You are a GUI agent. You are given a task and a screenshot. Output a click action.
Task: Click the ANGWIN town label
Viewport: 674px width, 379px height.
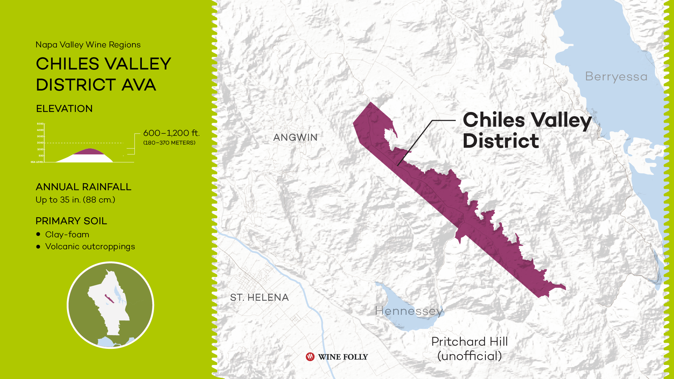pyautogui.click(x=295, y=137)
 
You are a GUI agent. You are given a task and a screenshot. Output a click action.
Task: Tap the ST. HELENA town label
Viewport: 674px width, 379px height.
pyautogui.click(x=259, y=298)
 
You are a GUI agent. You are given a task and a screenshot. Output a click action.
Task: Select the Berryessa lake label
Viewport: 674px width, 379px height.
pyautogui.click(x=616, y=77)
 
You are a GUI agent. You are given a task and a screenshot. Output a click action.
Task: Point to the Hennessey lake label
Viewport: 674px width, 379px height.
pyautogui.click(x=409, y=311)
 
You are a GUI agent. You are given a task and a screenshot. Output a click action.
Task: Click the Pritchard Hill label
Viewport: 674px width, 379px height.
pyautogui.click(x=469, y=341)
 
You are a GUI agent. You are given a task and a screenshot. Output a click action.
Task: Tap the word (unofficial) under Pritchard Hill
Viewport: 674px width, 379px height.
pyautogui.click(x=469, y=356)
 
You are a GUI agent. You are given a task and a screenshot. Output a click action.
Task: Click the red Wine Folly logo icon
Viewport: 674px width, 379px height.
pyautogui.click(x=310, y=357)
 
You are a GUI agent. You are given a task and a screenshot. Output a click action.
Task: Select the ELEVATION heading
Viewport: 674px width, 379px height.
pyautogui.click(x=64, y=109)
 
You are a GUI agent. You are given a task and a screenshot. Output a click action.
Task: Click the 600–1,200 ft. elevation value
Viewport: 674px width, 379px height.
pyautogui.click(x=171, y=133)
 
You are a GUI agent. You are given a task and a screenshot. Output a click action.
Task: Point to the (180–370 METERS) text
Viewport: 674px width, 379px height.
pyautogui.click(x=169, y=143)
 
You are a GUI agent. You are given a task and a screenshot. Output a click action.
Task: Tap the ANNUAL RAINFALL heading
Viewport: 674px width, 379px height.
pyautogui.click(x=84, y=187)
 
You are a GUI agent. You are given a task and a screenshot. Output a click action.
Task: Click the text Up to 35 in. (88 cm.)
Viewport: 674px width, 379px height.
pyautogui.click(x=75, y=200)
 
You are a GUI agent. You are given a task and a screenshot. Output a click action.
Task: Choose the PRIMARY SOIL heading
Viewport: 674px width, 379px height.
pyautogui.click(x=71, y=221)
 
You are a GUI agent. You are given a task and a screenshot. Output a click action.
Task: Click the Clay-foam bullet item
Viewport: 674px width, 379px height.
pyautogui.click(x=67, y=234)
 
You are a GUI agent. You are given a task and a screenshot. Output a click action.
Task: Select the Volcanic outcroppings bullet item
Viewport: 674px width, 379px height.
pyautogui.click(x=90, y=247)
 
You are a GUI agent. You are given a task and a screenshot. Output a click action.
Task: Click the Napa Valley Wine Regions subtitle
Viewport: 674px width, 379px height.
pyautogui.click(x=88, y=45)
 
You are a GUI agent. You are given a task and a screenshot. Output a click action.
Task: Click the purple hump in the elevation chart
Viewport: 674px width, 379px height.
pyautogui.click(x=90, y=152)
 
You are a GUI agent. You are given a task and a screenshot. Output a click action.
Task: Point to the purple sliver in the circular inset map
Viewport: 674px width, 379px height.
pyautogui.click(x=109, y=299)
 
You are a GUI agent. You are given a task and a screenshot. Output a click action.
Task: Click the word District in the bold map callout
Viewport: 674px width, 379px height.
pyautogui.click(x=501, y=141)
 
